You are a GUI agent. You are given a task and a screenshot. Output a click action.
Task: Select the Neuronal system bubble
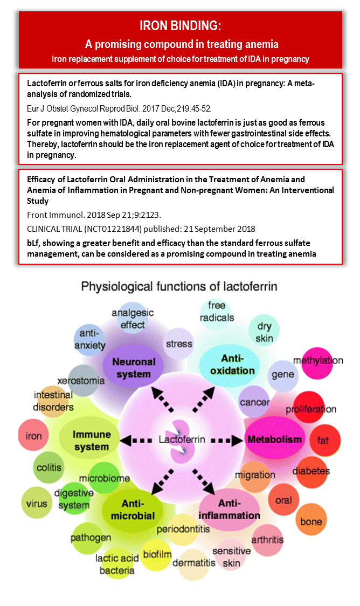(134, 368)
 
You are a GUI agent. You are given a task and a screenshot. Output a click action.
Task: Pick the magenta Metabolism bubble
(274, 439)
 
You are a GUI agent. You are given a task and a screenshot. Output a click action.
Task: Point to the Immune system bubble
(92, 440)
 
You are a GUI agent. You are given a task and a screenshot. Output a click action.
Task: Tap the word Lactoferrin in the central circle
(182, 439)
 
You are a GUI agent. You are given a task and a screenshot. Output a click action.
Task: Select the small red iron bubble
(34, 436)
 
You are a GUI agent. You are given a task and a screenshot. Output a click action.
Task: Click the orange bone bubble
(311, 521)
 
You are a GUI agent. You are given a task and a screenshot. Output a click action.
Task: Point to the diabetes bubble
(311, 471)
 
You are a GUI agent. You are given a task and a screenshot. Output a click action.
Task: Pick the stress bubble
(179, 343)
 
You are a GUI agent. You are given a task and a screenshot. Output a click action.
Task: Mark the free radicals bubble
(217, 312)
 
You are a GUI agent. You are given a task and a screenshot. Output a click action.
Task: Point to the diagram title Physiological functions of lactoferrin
(179, 286)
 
